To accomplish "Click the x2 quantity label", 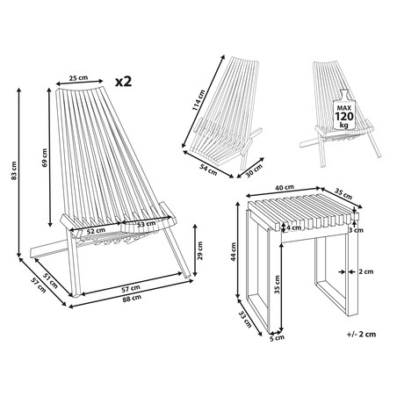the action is pyautogui.click(x=123, y=82).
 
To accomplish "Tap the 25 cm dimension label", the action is pyautogui.click(x=78, y=77).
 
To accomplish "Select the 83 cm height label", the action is pyautogui.click(x=13, y=170).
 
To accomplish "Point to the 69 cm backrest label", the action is pyautogui.click(x=44, y=158).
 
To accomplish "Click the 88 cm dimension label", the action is pyautogui.click(x=132, y=299).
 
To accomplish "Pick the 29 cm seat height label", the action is pyautogui.click(x=200, y=250).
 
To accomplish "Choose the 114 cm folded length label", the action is pyautogui.click(x=198, y=100).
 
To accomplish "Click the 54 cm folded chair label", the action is pyautogui.click(x=208, y=170).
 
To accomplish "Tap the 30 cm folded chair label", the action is pyautogui.click(x=254, y=170).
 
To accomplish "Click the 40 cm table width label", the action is pyautogui.click(x=285, y=187).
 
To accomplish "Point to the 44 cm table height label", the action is pyautogui.click(x=234, y=252).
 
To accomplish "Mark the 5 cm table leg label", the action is pyautogui.click(x=277, y=338).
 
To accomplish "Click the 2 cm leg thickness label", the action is pyautogui.click(x=366, y=271).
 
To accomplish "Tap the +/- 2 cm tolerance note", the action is pyautogui.click(x=361, y=334).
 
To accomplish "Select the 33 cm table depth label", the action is pyautogui.click(x=245, y=319).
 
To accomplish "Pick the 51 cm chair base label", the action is pyautogui.click(x=51, y=280).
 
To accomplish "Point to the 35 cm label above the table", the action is pyautogui.click(x=343, y=195).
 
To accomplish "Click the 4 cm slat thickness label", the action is pyautogui.click(x=293, y=227).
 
